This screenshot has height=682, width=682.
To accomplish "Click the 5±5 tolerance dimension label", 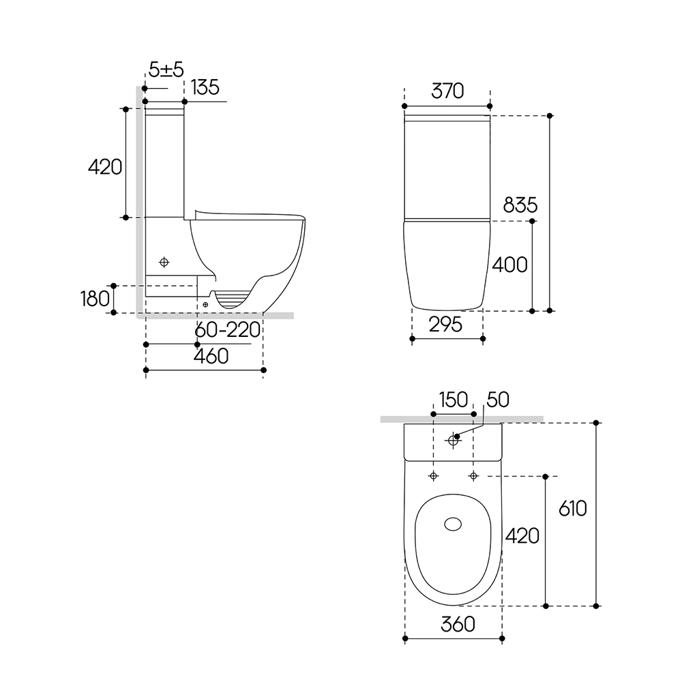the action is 166,70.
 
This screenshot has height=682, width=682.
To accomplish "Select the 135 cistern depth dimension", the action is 205,87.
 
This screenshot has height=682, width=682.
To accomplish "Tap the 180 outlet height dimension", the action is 95,299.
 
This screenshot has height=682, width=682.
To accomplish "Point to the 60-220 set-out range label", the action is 228,330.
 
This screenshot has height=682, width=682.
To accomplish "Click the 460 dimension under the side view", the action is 211,356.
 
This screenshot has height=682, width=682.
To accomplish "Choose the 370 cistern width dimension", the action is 447,91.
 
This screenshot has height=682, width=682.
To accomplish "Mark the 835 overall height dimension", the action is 520,205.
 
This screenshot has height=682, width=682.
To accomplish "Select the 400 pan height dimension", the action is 509,265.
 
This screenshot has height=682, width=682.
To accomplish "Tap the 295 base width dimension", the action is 445,325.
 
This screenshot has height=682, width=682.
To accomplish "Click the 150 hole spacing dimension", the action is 454,400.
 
